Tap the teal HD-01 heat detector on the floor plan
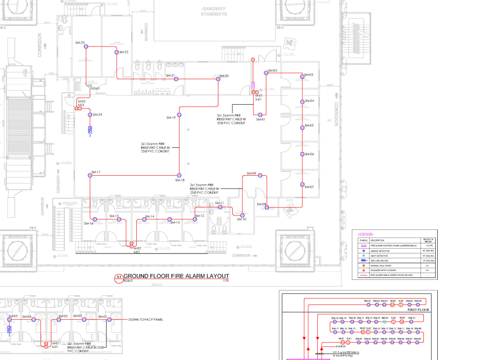pyautogui.click(x=90, y=85)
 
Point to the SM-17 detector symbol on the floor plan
pyautogui.click(x=90, y=176)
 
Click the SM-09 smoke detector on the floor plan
pyautogui.click(x=260, y=176)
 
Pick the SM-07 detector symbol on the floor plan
pyautogui.click(x=302, y=184)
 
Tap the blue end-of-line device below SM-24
pyautogui.click(x=90, y=130)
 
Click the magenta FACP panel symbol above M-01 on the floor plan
pyautogui.click(x=253, y=86)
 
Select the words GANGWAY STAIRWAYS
pyautogui.click(x=214, y=12)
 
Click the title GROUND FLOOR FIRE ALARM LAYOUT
pyautogui.click(x=176, y=276)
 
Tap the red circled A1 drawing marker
pyautogui.click(x=119, y=278)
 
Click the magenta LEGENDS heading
pyautogui.click(x=366, y=234)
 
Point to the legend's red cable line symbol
pyautogui.click(x=363, y=276)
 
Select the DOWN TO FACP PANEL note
pyautogui.click(x=145, y=319)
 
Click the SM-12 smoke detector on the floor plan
pyautogui.click(x=195, y=219)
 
